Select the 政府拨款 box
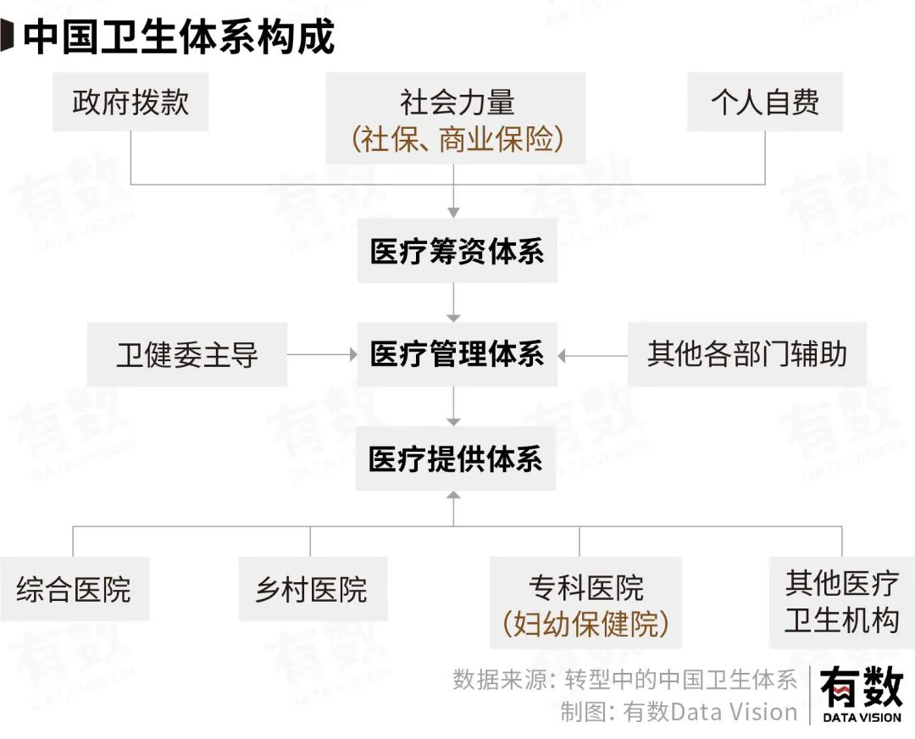tap(130, 103)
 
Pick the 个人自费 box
tap(765, 103)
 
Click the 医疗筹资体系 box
tap(457, 252)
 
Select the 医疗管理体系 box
tap(457, 354)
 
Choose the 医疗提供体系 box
tap(456, 459)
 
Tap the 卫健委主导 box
tap(187, 354)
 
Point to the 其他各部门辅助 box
tap(746, 354)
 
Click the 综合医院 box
tap(74, 589)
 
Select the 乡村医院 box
tap(312, 589)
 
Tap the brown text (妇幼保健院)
tap(585, 625)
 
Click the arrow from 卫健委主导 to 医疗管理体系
tap(322, 355)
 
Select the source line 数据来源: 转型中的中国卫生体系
tap(625, 680)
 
